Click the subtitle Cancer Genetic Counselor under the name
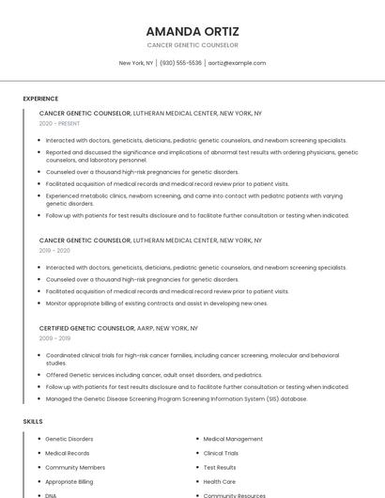tap(192, 45)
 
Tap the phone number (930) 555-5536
tap(180, 63)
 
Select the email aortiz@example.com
tap(237, 63)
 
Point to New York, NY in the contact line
tap(136, 63)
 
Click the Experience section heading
tap(40, 99)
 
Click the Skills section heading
tap(33, 421)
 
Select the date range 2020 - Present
tap(59, 123)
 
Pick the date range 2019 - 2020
tap(54, 251)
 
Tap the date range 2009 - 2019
tap(54, 338)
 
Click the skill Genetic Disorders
tap(69, 439)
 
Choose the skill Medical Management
tap(233, 439)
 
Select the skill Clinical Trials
tap(221, 453)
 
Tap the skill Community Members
tap(75, 467)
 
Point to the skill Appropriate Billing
tap(69, 481)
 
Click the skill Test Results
tap(220, 467)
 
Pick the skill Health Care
tap(219, 481)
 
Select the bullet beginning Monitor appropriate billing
tap(156, 303)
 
